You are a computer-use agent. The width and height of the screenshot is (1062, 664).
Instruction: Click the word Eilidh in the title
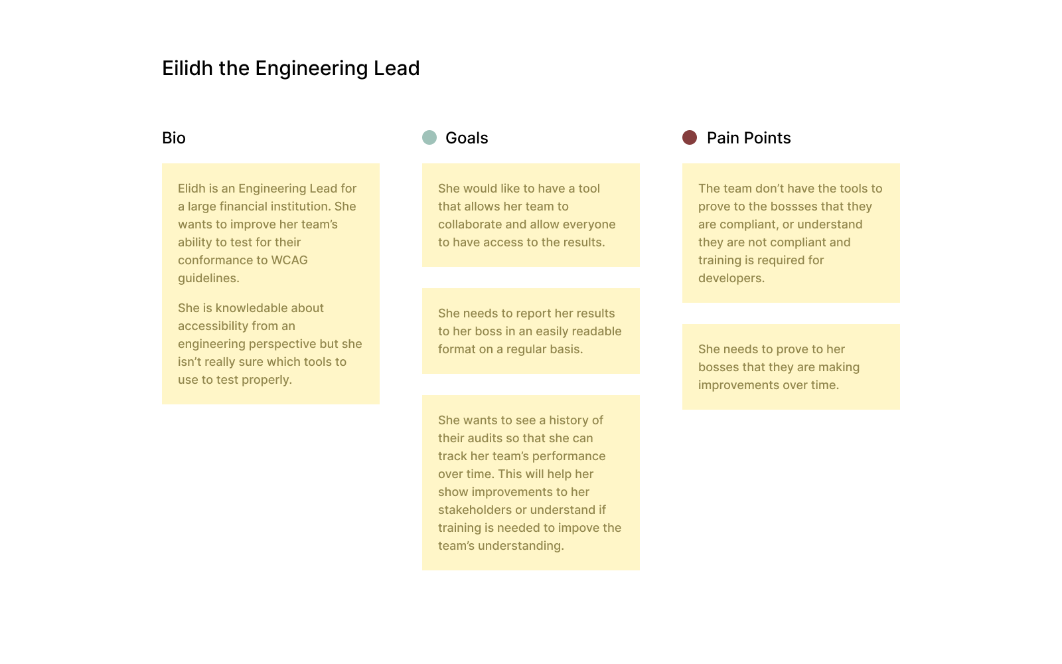(x=187, y=68)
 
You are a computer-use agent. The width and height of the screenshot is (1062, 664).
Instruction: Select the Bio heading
(x=173, y=138)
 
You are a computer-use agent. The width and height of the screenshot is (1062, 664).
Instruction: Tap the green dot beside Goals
(x=429, y=137)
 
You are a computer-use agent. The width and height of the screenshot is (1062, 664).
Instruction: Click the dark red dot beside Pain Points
(x=690, y=137)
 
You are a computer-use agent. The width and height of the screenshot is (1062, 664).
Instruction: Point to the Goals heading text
(x=467, y=138)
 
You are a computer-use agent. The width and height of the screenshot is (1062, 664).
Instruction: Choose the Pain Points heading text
(x=749, y=138)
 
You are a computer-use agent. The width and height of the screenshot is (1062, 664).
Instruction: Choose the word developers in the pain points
(x=731, y=278)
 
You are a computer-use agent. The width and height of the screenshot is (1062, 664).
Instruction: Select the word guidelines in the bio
(x=208, y=278)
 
